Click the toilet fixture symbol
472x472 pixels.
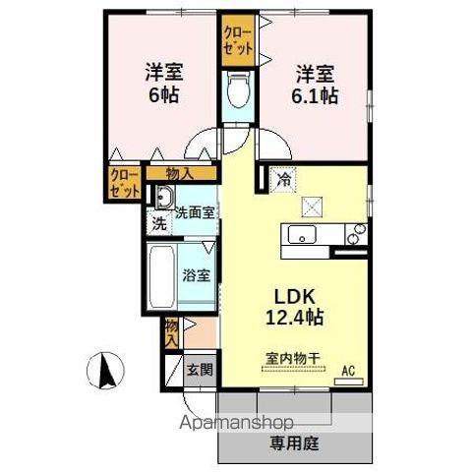tap(236, 94)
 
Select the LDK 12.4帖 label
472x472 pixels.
tap(291, 307)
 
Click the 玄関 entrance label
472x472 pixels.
tap(200, 371)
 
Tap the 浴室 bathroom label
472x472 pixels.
tap(196, 275)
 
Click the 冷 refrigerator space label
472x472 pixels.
tap(282, 180)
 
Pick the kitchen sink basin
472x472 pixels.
tap(300, 235)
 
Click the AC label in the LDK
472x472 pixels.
tap(346, 371)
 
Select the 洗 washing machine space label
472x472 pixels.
tap(158, 223)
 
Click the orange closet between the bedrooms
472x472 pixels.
tap(237, 40)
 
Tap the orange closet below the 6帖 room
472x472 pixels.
tap(124, 184)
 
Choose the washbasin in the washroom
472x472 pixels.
tap(162, 195)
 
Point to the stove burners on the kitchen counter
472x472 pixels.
tap(356, 235)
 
